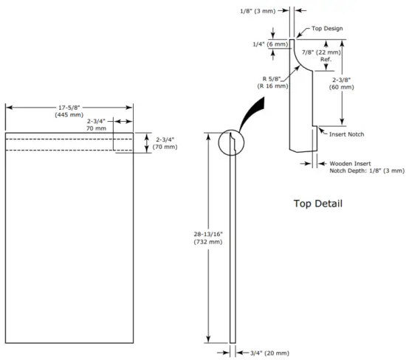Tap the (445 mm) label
coord(69,115)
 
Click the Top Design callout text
coord(327,29)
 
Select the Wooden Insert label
coord(350,162)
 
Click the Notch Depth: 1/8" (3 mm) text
coord(367,170)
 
